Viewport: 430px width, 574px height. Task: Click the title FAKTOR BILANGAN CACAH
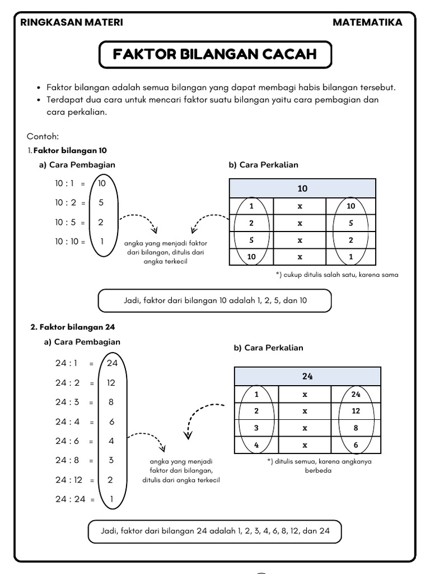click(215, 54)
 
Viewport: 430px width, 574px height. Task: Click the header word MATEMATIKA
click(367, 22)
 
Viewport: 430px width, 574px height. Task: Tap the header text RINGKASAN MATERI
click(71, 22)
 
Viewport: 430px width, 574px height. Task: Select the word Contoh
click(43, 136)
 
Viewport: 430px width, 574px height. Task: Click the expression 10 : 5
click(64, 223)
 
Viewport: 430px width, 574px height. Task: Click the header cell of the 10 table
click(302, 188)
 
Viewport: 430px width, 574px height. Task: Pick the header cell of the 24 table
click(307, 376)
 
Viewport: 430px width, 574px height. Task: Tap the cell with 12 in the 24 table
click(356, 411)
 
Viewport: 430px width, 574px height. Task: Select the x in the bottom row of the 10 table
click(300, 257)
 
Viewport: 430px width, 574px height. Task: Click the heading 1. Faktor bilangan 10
click(67, 150)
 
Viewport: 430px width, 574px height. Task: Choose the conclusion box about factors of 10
click(215, 300)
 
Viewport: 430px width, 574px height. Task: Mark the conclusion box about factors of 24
click(215, 531)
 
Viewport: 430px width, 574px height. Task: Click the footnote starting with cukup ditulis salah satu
click(337, 275)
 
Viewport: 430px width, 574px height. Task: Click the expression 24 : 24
click(70, 499)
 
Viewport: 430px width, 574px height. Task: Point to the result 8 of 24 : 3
click(111, 402)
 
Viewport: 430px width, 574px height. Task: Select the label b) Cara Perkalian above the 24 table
click(268, 348)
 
